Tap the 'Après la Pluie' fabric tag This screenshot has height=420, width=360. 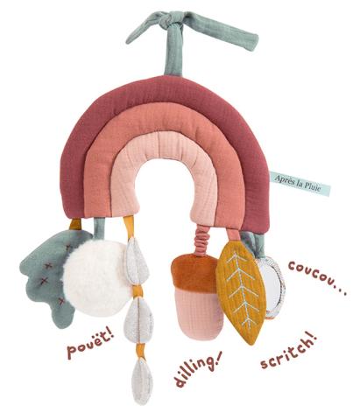click(x=300, y=183)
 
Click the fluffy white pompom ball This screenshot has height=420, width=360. click(x=95, y=278)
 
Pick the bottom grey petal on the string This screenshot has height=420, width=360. click(x=142, y=381)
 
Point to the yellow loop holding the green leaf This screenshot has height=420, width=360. click(x=75, y=224)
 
